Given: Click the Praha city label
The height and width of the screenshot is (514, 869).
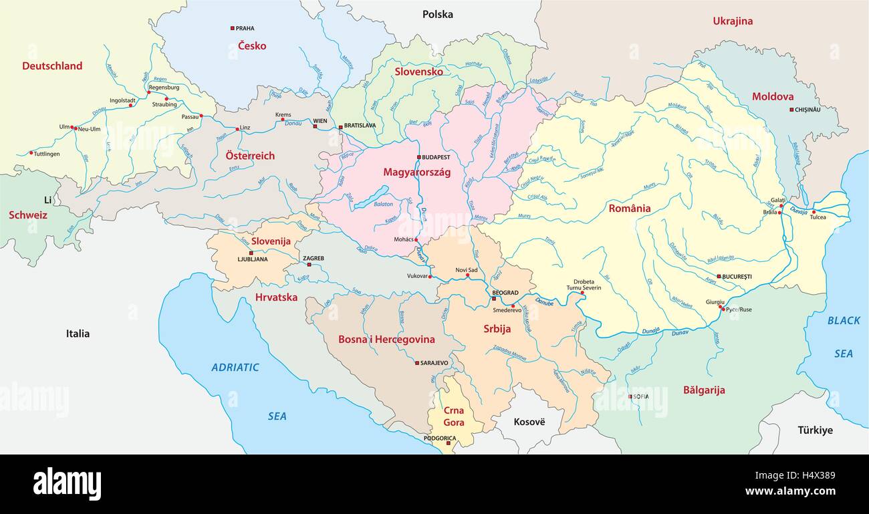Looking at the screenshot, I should coord(245,28).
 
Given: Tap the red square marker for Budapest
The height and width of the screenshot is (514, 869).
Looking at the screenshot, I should coord(419,157).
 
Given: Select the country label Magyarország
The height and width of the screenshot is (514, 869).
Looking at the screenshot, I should coord(416,172).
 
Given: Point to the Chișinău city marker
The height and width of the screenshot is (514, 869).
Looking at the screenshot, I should coord(791,110).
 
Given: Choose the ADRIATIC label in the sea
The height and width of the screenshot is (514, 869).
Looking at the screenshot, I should coord(235,367).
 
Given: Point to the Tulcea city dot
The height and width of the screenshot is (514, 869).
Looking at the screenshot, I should coord(814,212).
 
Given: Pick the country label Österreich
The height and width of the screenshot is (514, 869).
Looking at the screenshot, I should coord(250,156).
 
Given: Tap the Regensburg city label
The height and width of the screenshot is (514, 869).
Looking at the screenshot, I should coord(164,87).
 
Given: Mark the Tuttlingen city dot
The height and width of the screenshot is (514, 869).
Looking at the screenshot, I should coord(31,153).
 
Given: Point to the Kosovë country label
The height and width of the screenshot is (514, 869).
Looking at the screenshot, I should coord(529,422).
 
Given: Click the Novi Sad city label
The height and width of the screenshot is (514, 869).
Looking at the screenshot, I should coord(467,269).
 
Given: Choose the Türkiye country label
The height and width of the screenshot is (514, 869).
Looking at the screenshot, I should coord(815,430).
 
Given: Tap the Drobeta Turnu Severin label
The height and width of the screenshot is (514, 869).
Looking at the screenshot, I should coord(584,284).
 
